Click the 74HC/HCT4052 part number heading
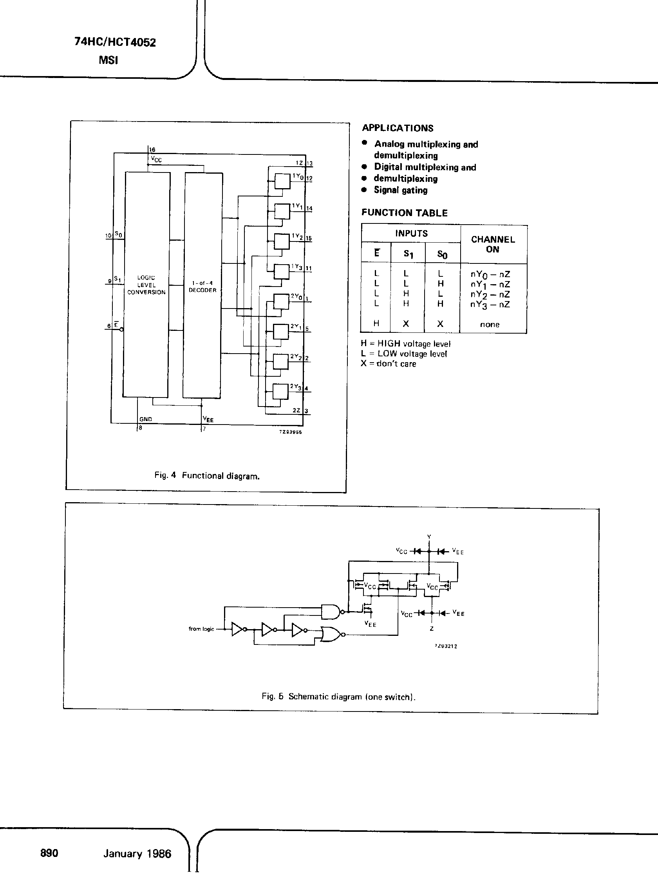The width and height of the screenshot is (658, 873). point(115,42)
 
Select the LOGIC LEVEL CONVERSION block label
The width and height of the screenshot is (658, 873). point(146,285)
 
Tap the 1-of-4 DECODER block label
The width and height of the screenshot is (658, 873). point(202,287)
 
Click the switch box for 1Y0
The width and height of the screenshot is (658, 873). point(282,182)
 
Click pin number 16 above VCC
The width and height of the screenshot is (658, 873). point(153,150)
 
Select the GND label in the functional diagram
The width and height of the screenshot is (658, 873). point(146,419)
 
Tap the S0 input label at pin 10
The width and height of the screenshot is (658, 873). point(118,234)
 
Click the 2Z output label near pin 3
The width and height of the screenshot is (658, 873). point(296,410)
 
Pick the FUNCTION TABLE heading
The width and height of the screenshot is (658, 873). point(405,213)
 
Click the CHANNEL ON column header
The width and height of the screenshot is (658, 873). point(493,244)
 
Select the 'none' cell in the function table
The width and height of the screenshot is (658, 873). point(490,325)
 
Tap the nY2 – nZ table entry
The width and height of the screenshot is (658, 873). point(490,294)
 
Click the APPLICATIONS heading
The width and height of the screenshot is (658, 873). point(398,128)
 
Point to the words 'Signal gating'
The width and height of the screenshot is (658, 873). point(401,190)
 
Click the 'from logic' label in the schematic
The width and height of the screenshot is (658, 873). point(201,629)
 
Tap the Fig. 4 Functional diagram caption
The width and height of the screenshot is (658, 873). point(207,476)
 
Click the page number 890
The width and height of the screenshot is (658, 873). point(49,853)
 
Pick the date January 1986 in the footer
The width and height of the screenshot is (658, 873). point(137,854)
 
